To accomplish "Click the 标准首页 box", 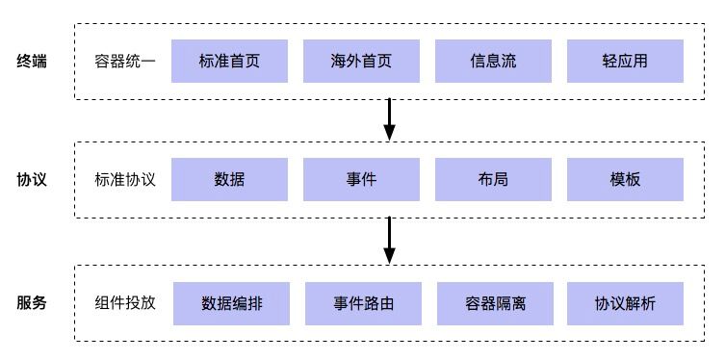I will (x=229, y=61).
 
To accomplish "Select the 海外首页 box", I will (x=361, y=61).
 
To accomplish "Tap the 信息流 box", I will (x=493, y=61).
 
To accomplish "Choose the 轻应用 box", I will (x=625, y=61).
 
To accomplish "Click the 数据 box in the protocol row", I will (x=229, y=180).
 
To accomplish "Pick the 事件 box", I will (x=361, y=180).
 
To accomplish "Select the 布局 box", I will (x=493, y=180).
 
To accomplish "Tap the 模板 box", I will (x=625, y=180).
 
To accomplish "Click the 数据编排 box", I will (x=231, y=302).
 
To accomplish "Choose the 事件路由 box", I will (x=363, y=302).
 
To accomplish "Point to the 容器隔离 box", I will (x=495, y=302).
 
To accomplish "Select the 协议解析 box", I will (x=625, y=302).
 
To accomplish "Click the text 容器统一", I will (x=125, y=62).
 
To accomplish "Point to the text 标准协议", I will (x=125, y=180).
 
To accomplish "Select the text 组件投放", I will (x=125, y=302).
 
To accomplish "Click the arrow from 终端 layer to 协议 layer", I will (x=389, y=119).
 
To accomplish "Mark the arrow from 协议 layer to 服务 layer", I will (x=389, y=241).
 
